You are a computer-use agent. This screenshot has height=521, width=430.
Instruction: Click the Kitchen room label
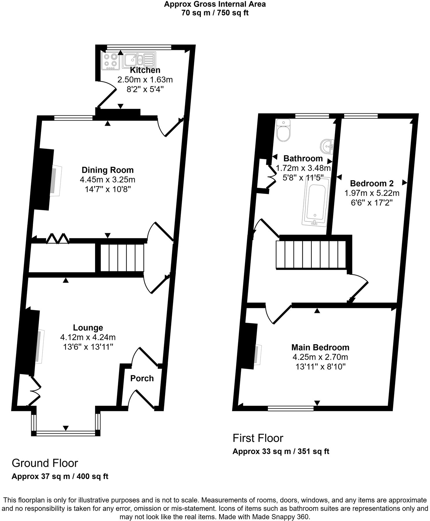pyautogui.click(x=145, y=70)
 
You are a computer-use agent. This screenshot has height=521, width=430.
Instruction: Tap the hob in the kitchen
pyautogui.click(x=111, y=61)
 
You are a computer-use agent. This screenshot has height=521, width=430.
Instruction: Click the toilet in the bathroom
pyautogui.click(x=283, y=131)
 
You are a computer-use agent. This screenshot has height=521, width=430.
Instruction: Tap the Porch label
pyautogui.click(x=142, y=378)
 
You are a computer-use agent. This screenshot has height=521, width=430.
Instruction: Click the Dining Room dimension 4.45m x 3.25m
pyautogui.click(x=108, y=179)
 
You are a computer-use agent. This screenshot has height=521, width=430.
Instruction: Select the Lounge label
pyautogui.click(x=88, y=327)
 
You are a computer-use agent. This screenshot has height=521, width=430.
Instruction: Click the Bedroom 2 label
pyautogui.click(x=372, y=183)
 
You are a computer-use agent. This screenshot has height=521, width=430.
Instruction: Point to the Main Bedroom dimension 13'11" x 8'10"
pyautogui.click(x=320, y=367)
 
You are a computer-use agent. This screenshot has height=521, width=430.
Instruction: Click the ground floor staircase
pyautogui.click(x=122, y=257)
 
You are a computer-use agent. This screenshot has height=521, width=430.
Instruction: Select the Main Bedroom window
pyautogui.click(x=290, y=408)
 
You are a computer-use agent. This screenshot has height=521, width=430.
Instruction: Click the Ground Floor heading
pyautogui.click(x=45, y=463)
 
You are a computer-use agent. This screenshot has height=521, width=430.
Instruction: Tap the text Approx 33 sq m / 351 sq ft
pyautogui.click(x=281, y=451)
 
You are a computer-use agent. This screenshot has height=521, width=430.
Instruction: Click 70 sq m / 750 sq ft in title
pyautogui.click(x=215, y=13)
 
